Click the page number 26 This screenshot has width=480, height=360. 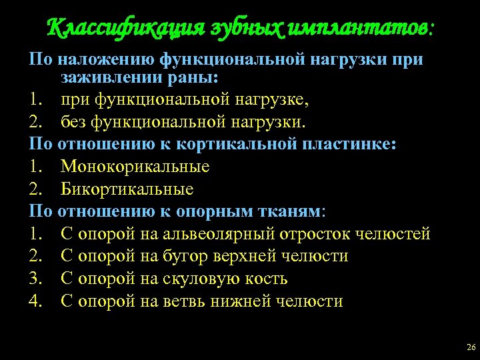[471, 349]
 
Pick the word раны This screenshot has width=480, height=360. [194, 78]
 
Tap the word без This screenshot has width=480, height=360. [75, 123]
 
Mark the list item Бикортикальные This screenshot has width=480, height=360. [127, 189]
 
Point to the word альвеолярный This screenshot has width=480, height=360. [220, 234]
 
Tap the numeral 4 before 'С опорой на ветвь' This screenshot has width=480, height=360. [35, 301]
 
